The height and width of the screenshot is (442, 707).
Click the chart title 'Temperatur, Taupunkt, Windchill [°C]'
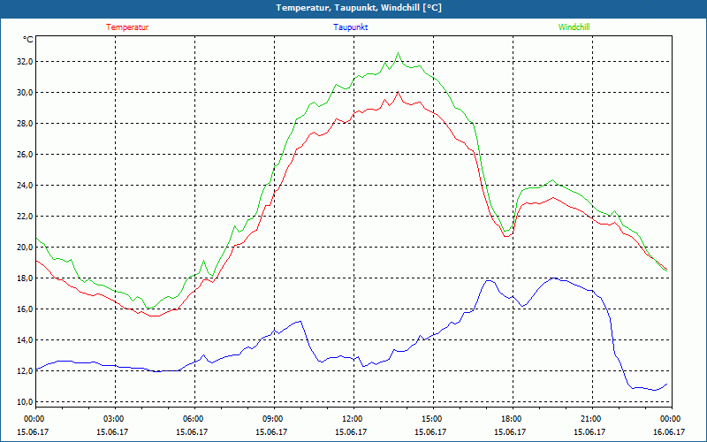pos(358,8)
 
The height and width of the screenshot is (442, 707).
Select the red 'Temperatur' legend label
pos(127,27)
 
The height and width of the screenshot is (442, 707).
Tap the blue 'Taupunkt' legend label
pos(351,27)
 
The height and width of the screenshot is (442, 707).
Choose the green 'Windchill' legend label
pos(574,27)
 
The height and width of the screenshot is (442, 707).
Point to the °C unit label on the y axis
pos(28,39)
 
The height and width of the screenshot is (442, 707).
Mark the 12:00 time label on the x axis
pos(353,419)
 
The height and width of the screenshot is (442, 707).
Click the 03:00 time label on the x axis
pos(114,419)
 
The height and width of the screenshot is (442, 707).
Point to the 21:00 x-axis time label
pos(591,419)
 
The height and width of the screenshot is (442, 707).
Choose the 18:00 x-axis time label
pos(512,419)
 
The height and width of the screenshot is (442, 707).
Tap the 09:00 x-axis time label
pos(273,419)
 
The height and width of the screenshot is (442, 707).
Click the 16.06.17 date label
pos(670,431)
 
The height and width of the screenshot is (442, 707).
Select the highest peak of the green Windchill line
pos(398,54)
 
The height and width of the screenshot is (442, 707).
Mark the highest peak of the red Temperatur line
pos(398,92)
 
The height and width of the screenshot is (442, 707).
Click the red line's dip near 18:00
pos(506,236)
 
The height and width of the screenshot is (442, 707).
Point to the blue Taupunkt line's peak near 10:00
pos(300,321)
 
